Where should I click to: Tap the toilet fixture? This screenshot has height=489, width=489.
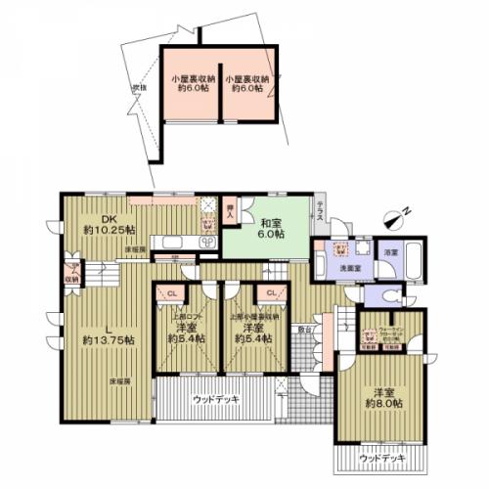click(391, 294)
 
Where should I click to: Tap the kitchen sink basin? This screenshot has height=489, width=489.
click(169, 241)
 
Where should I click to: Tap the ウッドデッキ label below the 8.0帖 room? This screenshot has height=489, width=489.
click(378, 458)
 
